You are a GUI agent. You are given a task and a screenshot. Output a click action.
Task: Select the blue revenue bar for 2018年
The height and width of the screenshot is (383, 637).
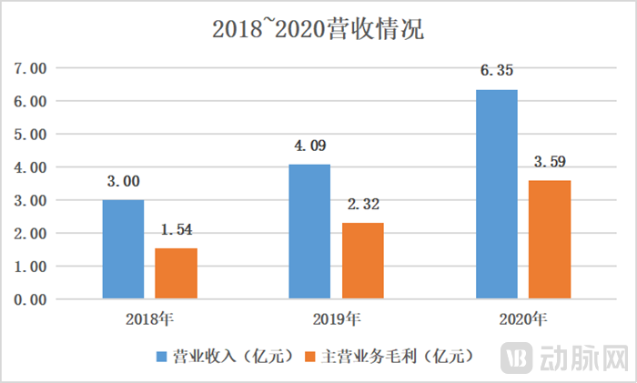coord(123,249)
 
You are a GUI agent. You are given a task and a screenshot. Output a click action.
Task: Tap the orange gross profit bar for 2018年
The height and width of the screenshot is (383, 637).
coord(176,273)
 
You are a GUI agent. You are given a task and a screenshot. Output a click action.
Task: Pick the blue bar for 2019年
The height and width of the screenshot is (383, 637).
coord(309,231)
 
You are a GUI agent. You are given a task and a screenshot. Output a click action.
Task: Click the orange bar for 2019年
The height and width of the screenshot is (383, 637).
coord(362,260)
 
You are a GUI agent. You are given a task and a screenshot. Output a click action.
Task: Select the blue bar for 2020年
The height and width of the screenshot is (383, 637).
coord(496,194)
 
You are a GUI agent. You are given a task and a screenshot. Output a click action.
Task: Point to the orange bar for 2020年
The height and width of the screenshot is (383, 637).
coord(549,239)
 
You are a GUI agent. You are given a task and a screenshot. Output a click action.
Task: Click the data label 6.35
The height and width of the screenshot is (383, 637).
coord(497,71)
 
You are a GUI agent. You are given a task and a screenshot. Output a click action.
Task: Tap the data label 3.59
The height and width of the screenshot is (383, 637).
coord(550,163)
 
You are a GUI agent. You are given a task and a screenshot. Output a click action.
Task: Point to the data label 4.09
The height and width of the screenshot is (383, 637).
coord(309,146)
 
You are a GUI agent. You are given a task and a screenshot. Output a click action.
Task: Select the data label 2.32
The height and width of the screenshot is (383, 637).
coord(362,204)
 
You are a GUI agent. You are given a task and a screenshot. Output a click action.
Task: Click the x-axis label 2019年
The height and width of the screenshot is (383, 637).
coord(336,319)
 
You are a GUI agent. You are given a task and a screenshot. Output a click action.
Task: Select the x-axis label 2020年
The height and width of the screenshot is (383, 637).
coord(522,319)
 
